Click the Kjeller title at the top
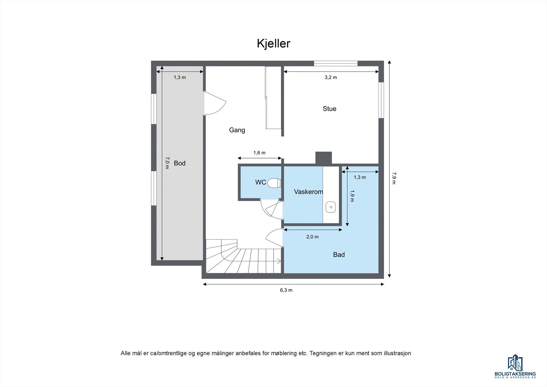(x=273, y=43)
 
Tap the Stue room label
(x=330, y=109)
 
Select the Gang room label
(x=237, y=130)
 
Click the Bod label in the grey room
(x=179, y=163)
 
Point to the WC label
(x=261, y=182)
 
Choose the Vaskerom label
(x=308, y=192)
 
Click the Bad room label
(x=339, y=255)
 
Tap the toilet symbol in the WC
(x=274, y=183)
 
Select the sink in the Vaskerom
(x=331, y=207)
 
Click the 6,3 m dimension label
(x=286, y=290)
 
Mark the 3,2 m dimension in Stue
(x=331, y=77)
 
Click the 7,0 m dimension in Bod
(x=167, y=163)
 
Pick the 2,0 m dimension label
(x=312, y=237)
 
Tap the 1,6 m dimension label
(x=259, y=153)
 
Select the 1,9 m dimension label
(x=352, y=196)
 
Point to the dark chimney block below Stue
(x=323, y=158)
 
